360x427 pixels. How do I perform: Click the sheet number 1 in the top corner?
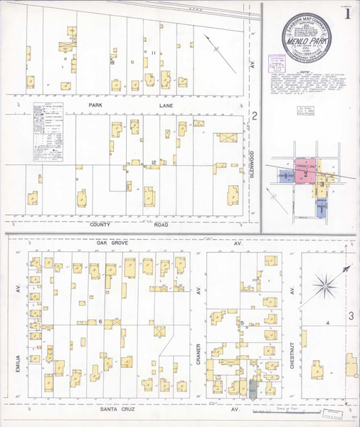click(x=346, y=14)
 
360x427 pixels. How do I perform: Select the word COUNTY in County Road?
click(x=104, y=223)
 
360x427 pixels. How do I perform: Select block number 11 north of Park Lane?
click(x=152, y=53)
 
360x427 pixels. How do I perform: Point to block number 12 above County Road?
click(x=154, y=164)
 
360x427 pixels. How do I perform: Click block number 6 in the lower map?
click(x=100, y=322)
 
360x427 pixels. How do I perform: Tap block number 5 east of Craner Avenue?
click(x=243, y=324)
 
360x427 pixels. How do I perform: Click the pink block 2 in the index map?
click(x=306, y=174)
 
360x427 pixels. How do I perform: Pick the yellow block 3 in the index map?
click(x=322, y=184)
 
